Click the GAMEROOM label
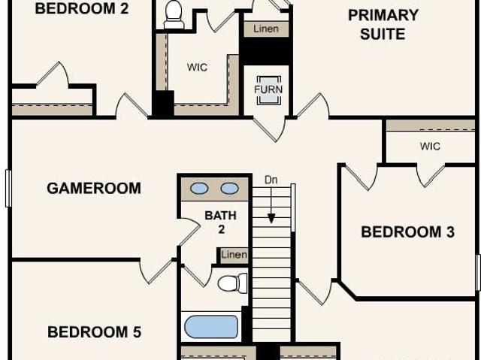[x=94, y=188]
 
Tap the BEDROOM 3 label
[x=407, y=231]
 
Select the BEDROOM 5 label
[x=94, y=331]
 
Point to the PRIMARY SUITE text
[x=383, y=25]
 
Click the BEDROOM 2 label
[x=82, y=8]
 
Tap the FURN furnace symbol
[x=268, y=89]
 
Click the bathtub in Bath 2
[x=211, y=327]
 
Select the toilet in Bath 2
[x=233, y=283]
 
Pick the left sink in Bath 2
[x=199, y=189]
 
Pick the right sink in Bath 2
[x=230, y=189]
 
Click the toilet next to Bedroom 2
[x=174, y=15]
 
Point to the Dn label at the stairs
[x=271, y=180]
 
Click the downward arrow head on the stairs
[x=271, y=219]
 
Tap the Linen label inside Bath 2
[x=234, y=255]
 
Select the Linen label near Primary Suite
[x=266, y=29]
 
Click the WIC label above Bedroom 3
[x=430, y=147]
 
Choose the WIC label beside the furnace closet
[x=197, y=67]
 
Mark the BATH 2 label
[x=220, y=222]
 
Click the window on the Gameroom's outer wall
[x=8, y=189]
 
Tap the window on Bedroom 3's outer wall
[x=478, y=273]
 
